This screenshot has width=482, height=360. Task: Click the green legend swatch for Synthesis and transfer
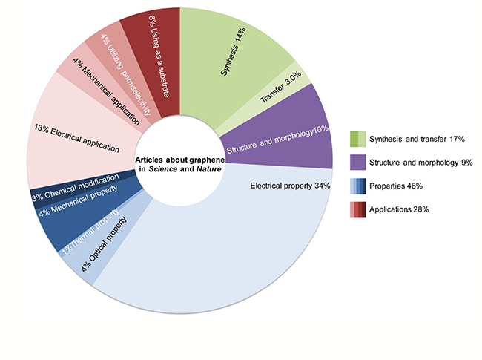pos(357,140)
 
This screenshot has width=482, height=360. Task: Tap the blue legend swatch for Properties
pos(357,186)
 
